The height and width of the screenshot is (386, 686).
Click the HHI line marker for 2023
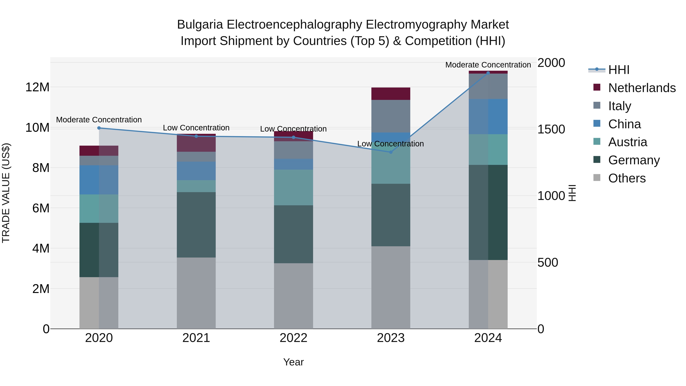pyautogui.click(x=391, y=152)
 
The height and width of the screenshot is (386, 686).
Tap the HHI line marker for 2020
pyautogui.click(x=99, y=128)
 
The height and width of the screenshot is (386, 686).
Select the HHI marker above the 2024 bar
pyautogui.click(x=488, y=73)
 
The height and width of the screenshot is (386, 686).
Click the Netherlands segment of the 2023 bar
pyautogui.click(x=391, y=94)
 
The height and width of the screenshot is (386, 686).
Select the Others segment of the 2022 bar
pyautogui.click(x=293, y=296)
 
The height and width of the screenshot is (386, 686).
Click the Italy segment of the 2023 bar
pyautogui.click(x=391, y=116)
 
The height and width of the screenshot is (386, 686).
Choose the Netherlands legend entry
pyautogui.click(x=642, y=88)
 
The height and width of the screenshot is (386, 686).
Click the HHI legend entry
pyautogui.click(x=619, y=70)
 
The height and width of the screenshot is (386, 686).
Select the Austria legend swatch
pyautogui.click(x=597, y=141)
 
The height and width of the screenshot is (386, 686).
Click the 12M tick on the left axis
pyautogui.click(x=37, y=87)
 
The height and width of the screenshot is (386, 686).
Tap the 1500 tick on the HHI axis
pyautogui.click(x=551, y=129)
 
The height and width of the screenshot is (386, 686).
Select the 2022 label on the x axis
pyautogui.click(x=293, y=338)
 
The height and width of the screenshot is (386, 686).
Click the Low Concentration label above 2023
pyautogui.click(x=390, y=144)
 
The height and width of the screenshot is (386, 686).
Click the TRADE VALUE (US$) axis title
pyautogui.click(x=6, y=193)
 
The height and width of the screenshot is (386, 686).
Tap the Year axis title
pyautogui.click(x=293, y=362)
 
